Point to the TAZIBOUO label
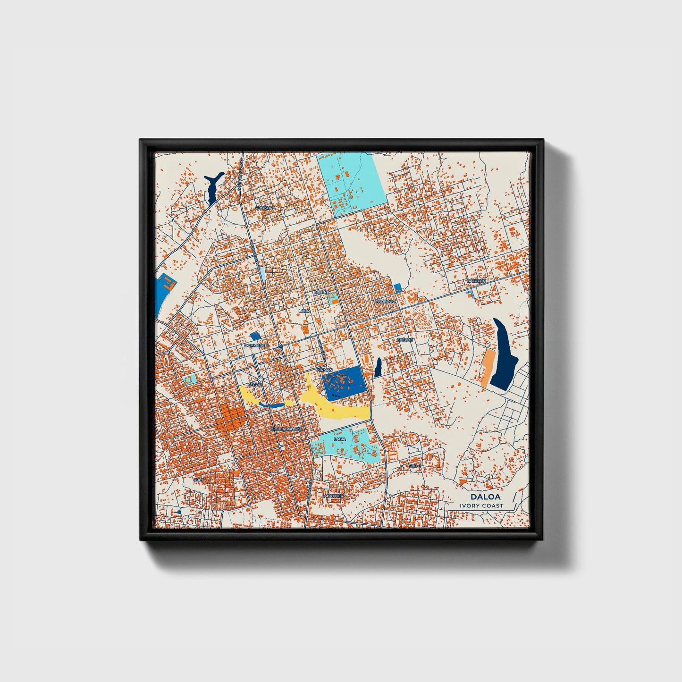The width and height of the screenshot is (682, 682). [384, 301]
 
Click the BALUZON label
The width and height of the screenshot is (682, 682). [475, 280]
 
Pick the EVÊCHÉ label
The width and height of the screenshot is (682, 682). [405, 339]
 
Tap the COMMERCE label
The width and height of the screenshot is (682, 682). [256, 345]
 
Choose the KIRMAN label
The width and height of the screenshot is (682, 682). [325, 369]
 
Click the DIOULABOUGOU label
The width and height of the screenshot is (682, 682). [286, 429]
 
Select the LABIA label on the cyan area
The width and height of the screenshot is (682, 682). [339, 439]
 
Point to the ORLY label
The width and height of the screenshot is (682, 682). [198, 479]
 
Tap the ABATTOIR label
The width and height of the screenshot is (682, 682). [333, 497]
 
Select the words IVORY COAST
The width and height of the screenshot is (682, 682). [481, 505]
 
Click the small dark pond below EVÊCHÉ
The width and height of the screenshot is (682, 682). [378, 368]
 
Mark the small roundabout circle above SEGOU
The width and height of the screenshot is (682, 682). [260, 379]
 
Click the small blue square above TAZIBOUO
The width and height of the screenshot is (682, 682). [397, 286]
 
